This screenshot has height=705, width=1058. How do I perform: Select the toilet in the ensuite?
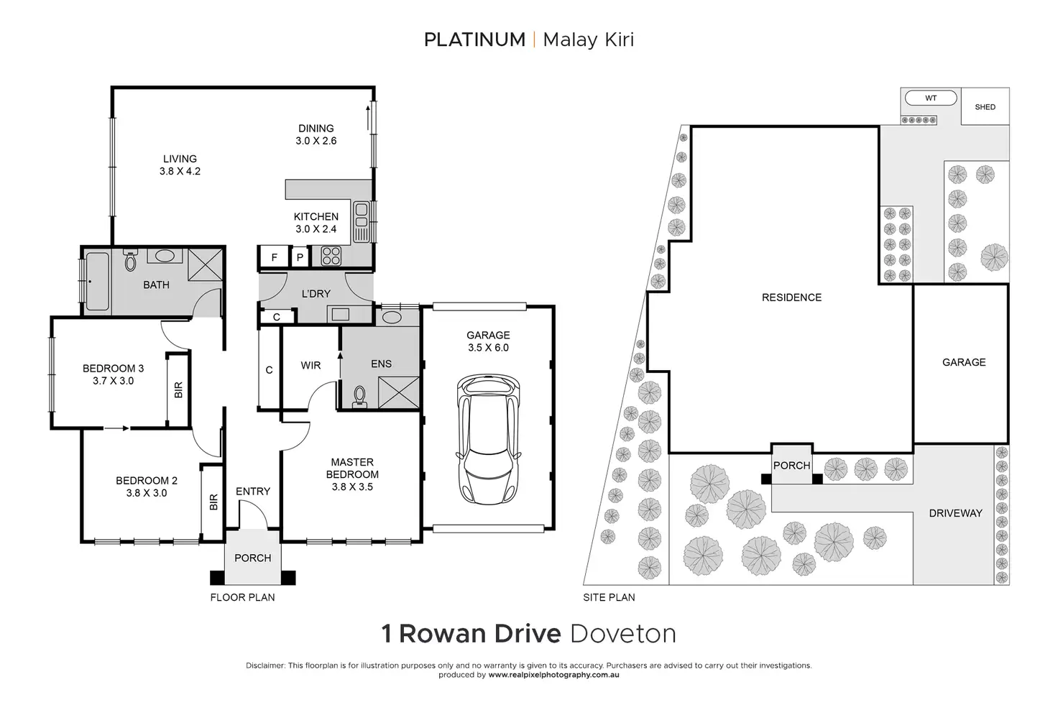coord(360,396)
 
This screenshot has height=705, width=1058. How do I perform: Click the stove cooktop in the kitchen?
coord(331,256)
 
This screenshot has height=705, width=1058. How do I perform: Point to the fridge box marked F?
coord(274,257)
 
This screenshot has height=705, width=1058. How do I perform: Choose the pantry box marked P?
coord(300,257)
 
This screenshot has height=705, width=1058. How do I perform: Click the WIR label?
coord(310,365)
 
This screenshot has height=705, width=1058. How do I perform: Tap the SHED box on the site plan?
coord(985,107)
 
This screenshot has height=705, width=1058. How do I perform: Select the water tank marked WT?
coord(930,98)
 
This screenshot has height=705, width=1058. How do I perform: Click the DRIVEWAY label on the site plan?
coord(955,513)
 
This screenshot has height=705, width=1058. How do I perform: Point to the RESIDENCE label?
coord(791,297)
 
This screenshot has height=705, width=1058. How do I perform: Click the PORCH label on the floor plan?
coord(253,558)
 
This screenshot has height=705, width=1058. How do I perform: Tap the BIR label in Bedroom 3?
coord(178,390)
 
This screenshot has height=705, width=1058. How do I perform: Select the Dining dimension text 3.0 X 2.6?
coord(316,141)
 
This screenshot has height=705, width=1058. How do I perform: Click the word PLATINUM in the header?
coord(474,40)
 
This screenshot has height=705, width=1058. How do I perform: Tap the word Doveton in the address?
coord(622,634)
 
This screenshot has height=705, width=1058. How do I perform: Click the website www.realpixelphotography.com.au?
coord(553,675)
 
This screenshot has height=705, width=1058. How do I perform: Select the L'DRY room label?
coord(316,293)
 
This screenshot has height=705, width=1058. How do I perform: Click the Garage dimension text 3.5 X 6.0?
coord(488,347)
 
